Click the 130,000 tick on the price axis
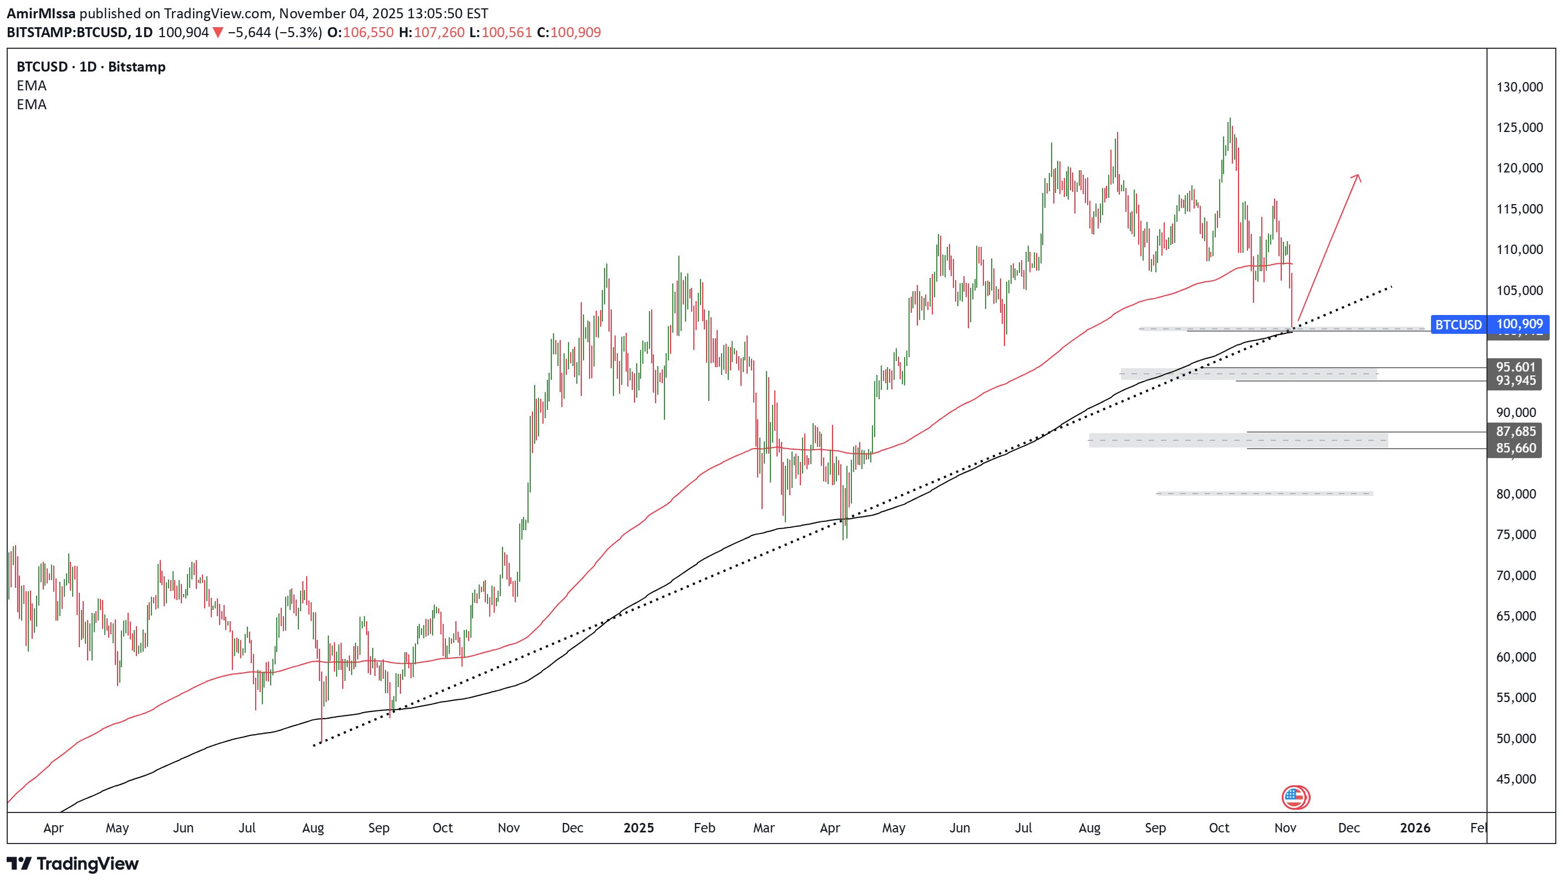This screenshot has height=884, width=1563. coord(1518,87)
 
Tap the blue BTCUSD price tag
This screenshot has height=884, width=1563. coord(1458,325)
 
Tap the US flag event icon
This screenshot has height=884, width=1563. coord(1295,797)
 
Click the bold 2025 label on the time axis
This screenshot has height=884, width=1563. coord(638,827)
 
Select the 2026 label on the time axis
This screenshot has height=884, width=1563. coord(1414,827)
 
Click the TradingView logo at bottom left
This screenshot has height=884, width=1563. coord(73,863)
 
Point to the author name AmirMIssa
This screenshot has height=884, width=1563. coord(40,13)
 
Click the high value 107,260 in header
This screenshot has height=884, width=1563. coord(438,32)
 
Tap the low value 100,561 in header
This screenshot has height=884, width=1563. coord(506,32)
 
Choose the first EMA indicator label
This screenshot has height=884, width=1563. coord(32,85)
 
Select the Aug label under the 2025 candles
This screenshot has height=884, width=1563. coord(1089,827)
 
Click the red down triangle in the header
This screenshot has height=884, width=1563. coord(218,33)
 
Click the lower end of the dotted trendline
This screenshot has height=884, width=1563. coord(314,745)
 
